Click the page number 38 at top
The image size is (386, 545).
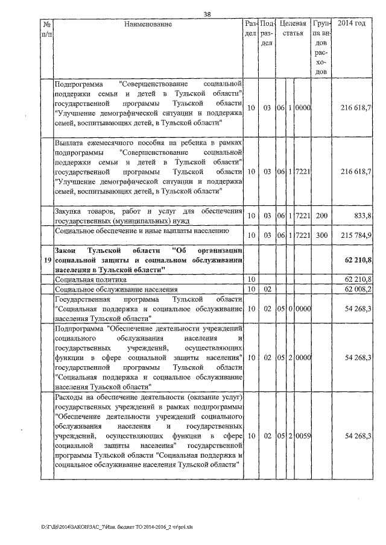coord(207,14)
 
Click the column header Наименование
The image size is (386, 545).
coord(148,24)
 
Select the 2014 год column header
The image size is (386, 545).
coord(352,24)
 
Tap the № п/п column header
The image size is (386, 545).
coord(46,29)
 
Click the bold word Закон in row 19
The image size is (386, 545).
coord(66,250)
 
